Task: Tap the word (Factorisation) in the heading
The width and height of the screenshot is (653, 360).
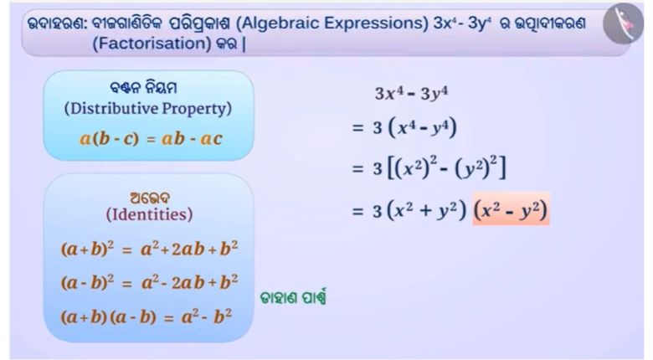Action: pos(152,44)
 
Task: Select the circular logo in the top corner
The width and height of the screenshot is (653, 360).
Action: pos(623,23)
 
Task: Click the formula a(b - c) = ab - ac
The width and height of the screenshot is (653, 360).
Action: pos(151,139)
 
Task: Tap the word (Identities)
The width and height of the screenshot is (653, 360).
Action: pos(149,214)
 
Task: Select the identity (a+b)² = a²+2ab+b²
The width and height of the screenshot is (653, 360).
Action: pos(150,249)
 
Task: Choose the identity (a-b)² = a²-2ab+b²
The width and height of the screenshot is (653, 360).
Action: pos(150,282)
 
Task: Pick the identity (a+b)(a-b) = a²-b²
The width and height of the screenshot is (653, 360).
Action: pos(147,317)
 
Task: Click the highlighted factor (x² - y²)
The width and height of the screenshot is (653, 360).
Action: pos(511,209)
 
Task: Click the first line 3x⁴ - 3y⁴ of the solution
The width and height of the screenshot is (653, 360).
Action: pos(411,93)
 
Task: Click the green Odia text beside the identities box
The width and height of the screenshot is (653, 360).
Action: pos(293,297)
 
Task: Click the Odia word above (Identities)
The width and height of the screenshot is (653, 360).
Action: pos(150,198)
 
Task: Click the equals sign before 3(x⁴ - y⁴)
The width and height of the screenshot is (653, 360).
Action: pos(357,127)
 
